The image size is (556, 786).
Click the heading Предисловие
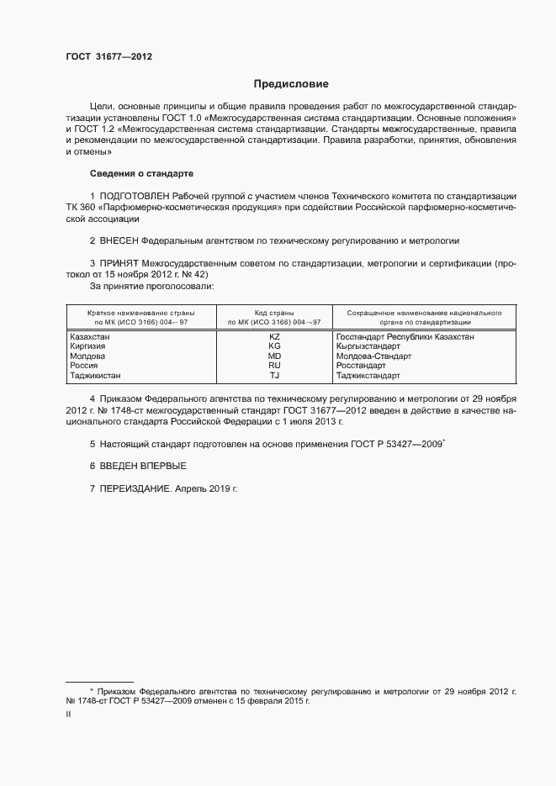(x=291, y=84)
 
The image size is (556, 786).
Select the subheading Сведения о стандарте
(x=141, y=173)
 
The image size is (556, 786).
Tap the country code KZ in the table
(x=274, y=336)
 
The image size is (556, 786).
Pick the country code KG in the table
(x=274, y=346)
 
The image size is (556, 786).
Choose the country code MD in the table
(x=274, y=356)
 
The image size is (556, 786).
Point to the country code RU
(x=274, y=367)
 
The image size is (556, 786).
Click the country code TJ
(x=274, y=377)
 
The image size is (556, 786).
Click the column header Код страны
(x=274, y=312)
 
